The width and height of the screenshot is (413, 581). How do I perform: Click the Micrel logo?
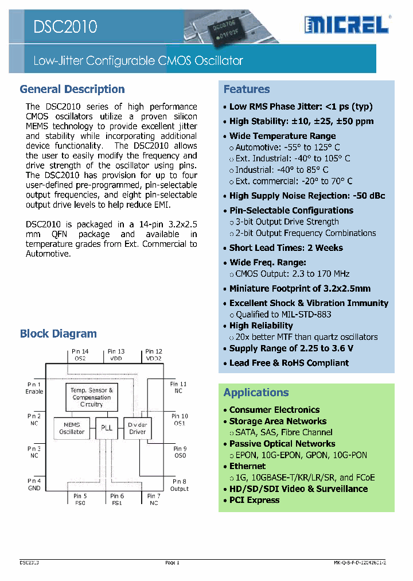click(346, 24)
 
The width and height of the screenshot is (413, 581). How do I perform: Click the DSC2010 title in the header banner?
click(65, 26)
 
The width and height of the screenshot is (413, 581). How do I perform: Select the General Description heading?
click(72, 89)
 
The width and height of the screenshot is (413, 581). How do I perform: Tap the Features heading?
click(246, 89)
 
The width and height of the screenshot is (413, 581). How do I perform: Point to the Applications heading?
click(256, 393)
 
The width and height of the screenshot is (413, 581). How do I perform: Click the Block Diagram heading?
click(58, 334)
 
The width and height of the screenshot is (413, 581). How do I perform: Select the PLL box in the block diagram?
click(107, 428)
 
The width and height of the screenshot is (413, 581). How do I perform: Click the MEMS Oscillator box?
click(72, 428)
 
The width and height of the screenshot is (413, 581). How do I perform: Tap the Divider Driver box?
click(138, 428)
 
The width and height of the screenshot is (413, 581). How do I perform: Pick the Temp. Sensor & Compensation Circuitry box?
click(92, 397)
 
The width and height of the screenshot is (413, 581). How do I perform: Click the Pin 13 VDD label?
click(116, 355)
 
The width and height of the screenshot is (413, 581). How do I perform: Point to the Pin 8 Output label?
click(180, 485)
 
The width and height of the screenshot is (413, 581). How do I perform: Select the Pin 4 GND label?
click(34, 485)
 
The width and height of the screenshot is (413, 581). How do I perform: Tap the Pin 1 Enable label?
click(34, 388)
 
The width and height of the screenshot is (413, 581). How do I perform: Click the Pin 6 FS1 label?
click(117, 499)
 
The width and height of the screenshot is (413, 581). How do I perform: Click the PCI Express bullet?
click(254, 500)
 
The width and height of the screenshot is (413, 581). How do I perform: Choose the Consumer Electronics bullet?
click(274, 410)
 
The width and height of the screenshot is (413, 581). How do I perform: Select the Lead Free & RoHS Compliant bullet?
click(289, 363)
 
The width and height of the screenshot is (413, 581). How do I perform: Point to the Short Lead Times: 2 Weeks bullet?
click(286, 248)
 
